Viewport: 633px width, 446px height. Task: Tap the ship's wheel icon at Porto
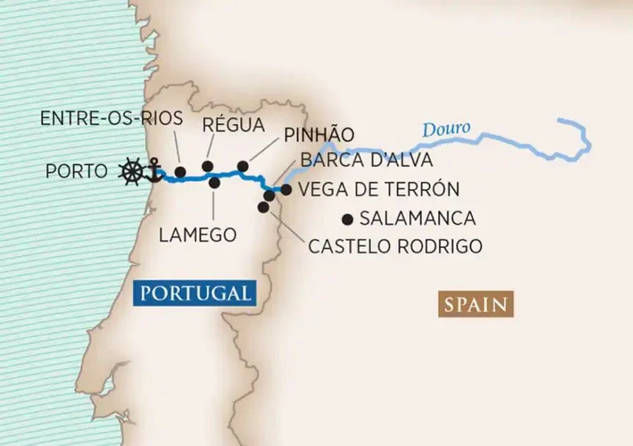pos(131,171)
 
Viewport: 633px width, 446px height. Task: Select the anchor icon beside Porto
pos(150,170)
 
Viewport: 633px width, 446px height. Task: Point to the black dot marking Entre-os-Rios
pos(180,172)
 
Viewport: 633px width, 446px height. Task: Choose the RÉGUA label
pos(233,125)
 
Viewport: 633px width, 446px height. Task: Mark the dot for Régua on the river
pos(207,166)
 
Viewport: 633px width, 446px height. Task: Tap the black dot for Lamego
pos(215,182)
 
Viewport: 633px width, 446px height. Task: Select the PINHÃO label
pos(319,135)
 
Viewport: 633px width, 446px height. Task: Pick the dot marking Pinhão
pos(242,166)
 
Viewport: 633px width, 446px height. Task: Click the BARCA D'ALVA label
pos(366,160)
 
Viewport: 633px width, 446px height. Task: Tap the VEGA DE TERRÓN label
pos(379,189)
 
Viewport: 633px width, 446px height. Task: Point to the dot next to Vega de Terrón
pos(286,189)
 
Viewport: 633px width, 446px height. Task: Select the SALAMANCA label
pos(418,218)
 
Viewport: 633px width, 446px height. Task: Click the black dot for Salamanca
pos(347,218)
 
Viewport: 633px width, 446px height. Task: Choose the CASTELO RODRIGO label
pos(395,246)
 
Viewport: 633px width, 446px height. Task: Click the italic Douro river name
pos(446,130)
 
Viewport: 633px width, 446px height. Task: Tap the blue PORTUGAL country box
pos(195,293)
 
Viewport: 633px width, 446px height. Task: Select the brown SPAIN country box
pos(475,305)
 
